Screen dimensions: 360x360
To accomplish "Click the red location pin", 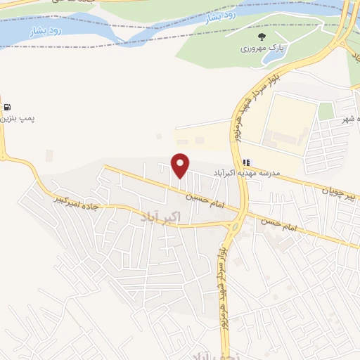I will [x=181, y=165].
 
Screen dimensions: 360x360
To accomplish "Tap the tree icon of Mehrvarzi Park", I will [x=262, y=37].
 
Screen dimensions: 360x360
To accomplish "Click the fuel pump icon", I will [x=7, y=108].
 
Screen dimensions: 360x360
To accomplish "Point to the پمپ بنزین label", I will [x=17, y=119].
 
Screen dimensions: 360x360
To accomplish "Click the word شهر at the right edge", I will [x=347, y=120].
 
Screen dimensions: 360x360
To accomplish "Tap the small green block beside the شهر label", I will [x=325, y=110].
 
